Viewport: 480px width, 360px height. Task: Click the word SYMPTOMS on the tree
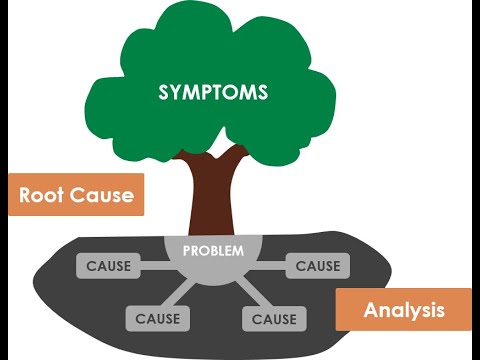click(x=213, y=92)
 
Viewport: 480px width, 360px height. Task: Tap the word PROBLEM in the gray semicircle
click(x=213, y=250)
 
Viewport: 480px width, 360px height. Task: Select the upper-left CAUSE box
click(x=108, y=266)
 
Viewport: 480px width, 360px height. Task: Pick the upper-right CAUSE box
click(x=317, y=266)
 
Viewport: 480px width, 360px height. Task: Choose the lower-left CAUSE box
click(x=157, y=319)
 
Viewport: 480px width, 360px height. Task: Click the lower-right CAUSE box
click(x=273, y=319)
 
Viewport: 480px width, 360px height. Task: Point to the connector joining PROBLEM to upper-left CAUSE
click(x=155, y=266)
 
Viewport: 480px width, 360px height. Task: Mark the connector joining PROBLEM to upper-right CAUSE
click(x=270, y=266)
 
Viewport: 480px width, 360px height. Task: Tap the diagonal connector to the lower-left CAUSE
click(x=183, y=296)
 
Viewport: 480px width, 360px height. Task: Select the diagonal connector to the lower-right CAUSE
click(x=245, y=296)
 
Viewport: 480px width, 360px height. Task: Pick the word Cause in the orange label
click(x=102, y=195)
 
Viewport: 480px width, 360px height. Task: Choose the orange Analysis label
click(x=403, y=310)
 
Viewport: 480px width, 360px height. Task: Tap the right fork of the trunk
click(x=238, y=155)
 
